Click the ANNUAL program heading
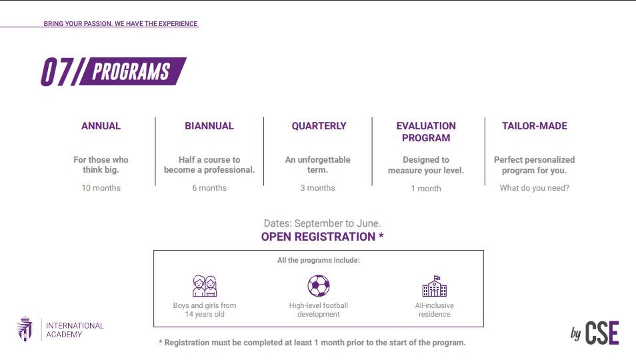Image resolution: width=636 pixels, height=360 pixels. (101, 126)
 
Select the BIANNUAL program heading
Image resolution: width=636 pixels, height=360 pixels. (209, 126)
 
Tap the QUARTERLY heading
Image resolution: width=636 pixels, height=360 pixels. (319, 126)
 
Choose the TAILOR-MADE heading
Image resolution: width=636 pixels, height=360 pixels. (535, 126)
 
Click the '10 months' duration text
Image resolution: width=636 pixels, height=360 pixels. (101, 188)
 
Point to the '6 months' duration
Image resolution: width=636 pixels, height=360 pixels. (209, 188)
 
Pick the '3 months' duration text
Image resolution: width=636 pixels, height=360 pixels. (317, 188)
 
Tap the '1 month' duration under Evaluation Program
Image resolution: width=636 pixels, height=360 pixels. (426, 189)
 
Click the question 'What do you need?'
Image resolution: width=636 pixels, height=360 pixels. (534, 188)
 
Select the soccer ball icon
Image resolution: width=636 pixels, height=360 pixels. (319, 286)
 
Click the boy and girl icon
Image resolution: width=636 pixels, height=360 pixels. (205, 286)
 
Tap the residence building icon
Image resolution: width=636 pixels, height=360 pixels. (435, 286)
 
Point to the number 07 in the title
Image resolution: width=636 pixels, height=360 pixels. (57, 72)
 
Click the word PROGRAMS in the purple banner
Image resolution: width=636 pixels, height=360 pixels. (131, 72)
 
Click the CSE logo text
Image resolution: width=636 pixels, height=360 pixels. (602, 333)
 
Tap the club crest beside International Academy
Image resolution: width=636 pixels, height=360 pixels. (25, 329)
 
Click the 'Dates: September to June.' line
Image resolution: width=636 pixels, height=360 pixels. (322, 223)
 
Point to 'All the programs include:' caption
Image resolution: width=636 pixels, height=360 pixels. (319, 260)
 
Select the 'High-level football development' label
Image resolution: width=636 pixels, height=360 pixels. (319, 310)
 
